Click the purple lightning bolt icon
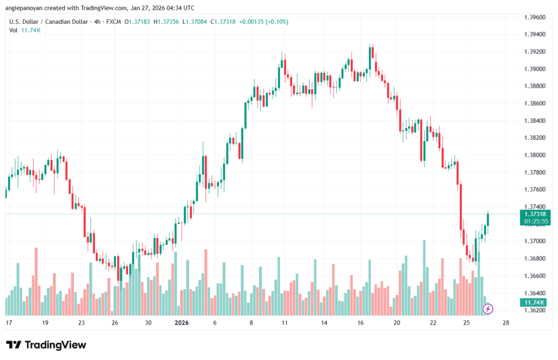(x=488, y=309)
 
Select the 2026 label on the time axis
(x=181, y=322)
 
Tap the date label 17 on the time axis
(x=9, y=322)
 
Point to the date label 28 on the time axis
(x=506, y=322)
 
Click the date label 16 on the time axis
(x=361, y=322)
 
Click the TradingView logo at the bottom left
(x=46, y=345)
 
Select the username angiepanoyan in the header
(x=27, y=8)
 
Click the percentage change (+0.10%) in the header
(x=275, y=22)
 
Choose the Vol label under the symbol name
(x=13, y=30)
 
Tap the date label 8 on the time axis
(x=251, y=322)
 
